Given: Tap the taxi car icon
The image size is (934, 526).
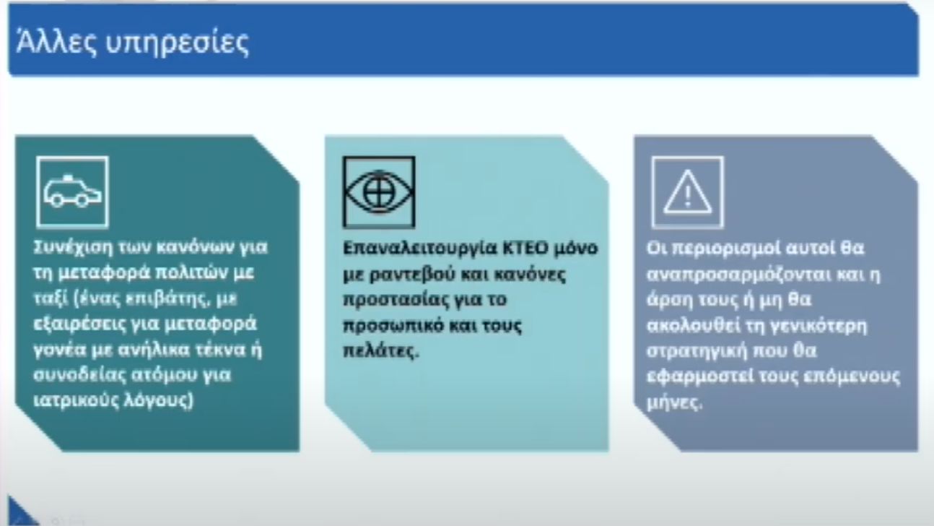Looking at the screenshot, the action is point(73,192).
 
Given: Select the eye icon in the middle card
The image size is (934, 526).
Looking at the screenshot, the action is point(379,192).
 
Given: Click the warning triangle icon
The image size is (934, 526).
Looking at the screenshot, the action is point(688,192).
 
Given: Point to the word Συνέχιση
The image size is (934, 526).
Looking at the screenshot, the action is point(73,248).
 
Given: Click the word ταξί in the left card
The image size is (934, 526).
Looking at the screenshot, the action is point(50,299).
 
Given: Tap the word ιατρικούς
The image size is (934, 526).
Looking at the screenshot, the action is point(75,400).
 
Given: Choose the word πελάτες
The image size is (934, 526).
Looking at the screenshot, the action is point(380,350).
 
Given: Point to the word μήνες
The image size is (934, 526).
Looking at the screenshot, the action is point(674,402).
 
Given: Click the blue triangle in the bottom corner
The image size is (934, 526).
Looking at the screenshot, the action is point(19,514).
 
